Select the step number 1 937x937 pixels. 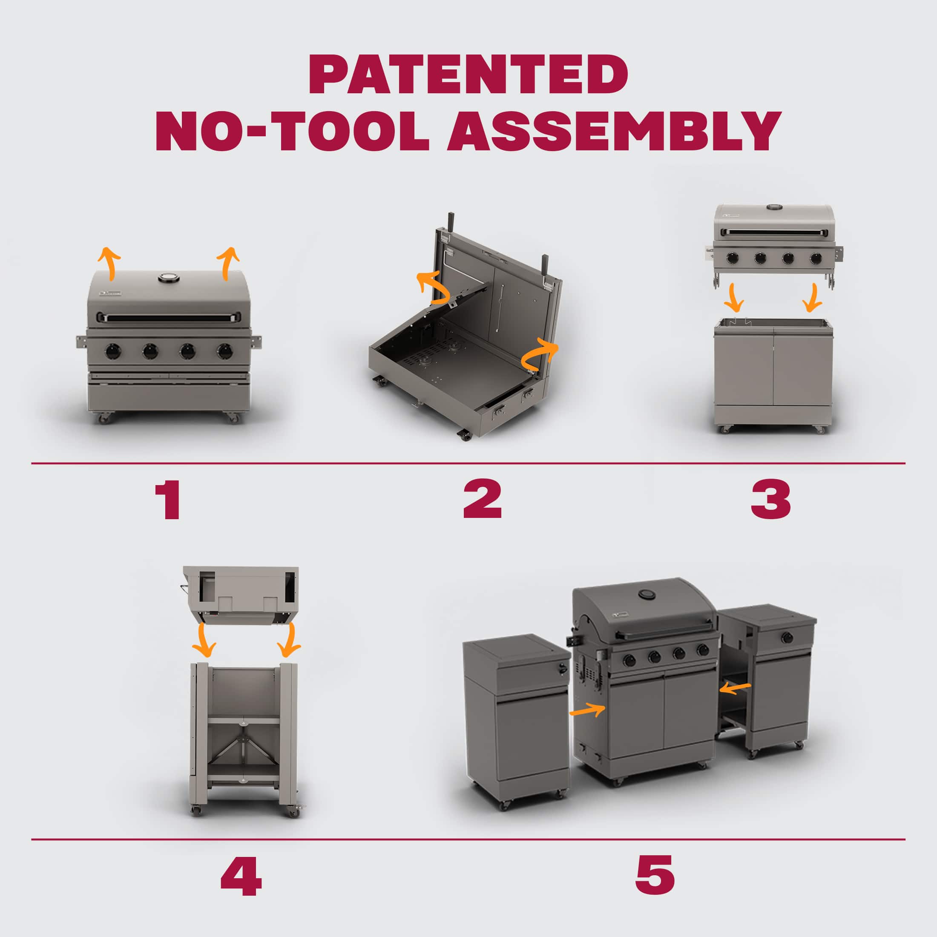tap(168, 501)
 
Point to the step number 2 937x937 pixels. tap(482, 501)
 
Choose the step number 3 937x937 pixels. tap(770, 501)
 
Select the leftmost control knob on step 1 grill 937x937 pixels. tap(112, 351)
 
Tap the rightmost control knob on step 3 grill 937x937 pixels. tap(815, 258)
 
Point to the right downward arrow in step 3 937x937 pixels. tap(812, 299)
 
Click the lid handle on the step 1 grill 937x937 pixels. tap(168, 318)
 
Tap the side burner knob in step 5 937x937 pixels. tap(787, 637)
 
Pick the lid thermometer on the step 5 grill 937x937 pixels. tap(646, 595)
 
